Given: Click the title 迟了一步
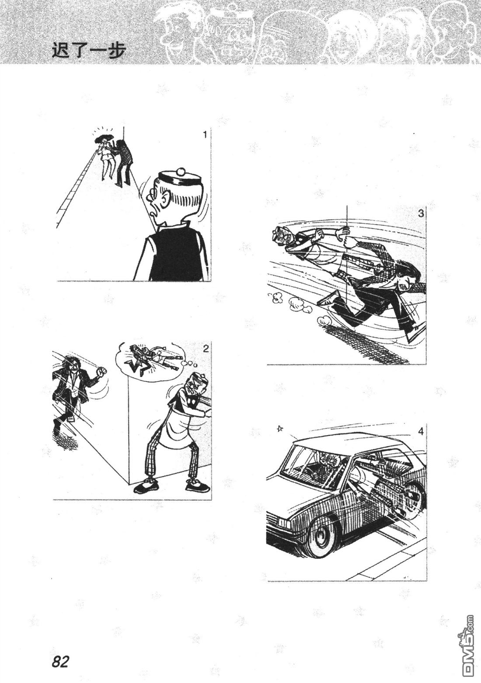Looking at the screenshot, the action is click(89, 51).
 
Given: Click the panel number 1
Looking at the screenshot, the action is click(205, 135).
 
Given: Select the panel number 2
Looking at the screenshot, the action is click(206, 349).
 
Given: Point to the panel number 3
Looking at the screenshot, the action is click(421, 213).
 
